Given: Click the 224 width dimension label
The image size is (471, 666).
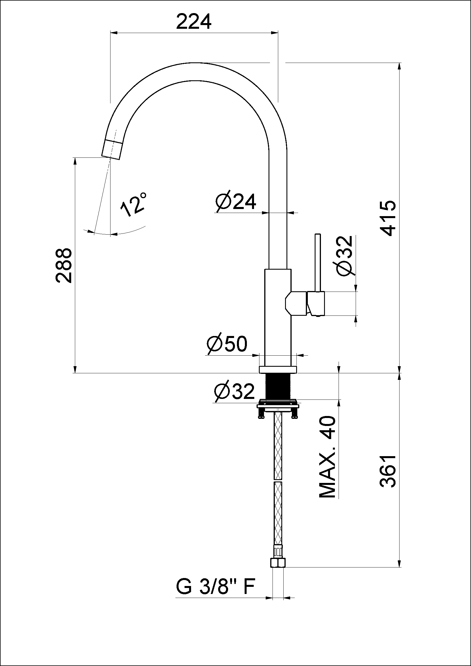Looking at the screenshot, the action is (x=194, y=22).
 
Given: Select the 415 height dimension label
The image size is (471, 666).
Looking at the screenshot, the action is (x=388, y=218).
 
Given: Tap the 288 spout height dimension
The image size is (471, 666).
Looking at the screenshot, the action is (x=63, y=265).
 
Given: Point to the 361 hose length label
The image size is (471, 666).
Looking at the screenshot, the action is (x=388, y=471).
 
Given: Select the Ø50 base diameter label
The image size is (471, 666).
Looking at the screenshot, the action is (x=227, y=344).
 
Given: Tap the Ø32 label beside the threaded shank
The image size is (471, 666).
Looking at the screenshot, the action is (x=234, y=392).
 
